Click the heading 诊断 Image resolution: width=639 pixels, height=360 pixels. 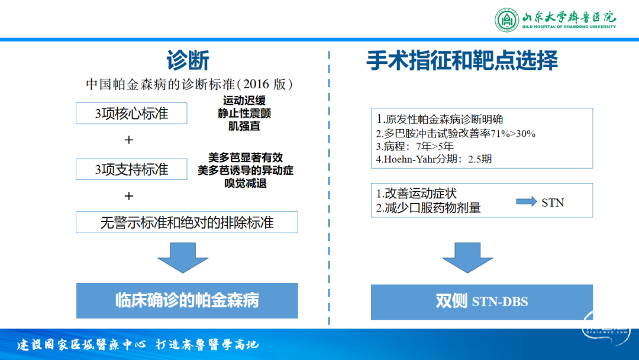tap(188, 60)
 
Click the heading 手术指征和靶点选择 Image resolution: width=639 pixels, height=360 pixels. tap(461, 60)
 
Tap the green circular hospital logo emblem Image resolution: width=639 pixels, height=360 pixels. tap(506, 20)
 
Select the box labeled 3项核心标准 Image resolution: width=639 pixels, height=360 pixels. tap(131, 113)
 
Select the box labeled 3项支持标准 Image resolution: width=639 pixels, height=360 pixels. tap(131, 169)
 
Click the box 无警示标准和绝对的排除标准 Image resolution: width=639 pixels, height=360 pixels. tap(186, 222)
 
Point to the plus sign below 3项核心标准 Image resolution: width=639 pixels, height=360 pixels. tap(129, 140)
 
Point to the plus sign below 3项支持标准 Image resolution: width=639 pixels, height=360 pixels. tap(129, 196)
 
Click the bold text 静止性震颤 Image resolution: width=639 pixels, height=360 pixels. tap(244, 113)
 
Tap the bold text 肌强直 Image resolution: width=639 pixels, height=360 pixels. tap(244, 126)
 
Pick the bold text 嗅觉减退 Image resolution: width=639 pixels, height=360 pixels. tap(246, 184)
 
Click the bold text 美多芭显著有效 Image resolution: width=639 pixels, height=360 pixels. tap(246, 157)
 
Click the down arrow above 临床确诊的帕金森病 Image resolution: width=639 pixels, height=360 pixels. tap(183, 258)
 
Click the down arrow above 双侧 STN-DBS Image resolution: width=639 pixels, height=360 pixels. tap(467, 258)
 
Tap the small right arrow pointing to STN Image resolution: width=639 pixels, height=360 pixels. tap(527, 201)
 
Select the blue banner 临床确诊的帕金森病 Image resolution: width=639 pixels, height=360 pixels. tap(187, 300)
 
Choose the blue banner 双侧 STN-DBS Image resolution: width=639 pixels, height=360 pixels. tap(482, 302)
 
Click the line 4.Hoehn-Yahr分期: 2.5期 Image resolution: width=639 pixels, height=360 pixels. tap(434, 159)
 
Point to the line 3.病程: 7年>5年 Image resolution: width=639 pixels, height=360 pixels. tap(414, 146)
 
